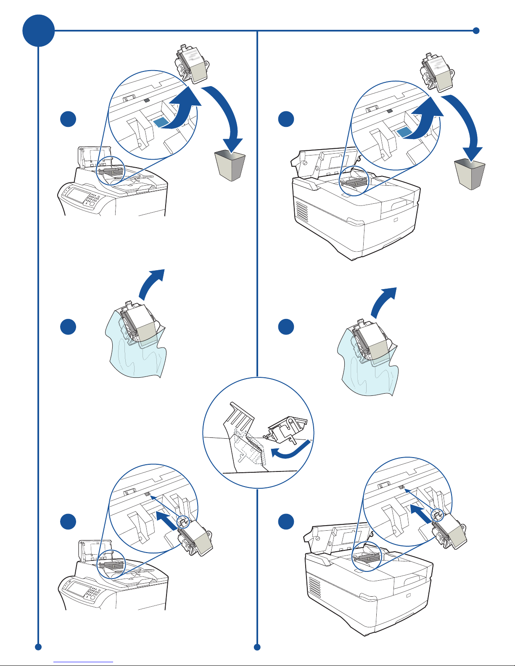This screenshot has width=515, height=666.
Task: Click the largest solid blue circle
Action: click(x=38, y=31)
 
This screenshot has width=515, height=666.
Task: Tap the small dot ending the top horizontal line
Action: click(x=476, y=30)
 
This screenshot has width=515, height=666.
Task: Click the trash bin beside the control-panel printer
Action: click(x=230, y=166)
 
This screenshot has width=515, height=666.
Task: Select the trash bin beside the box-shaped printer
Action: click(x=470, y=174)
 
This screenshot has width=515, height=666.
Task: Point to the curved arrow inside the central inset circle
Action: click(x=290, y=450)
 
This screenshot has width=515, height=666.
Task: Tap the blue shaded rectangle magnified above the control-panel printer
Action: click(x=161, y=122)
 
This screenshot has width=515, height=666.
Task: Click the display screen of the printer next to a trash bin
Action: click(x=77, y=195)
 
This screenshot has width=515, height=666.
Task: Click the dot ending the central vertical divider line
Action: click(x=257, y=647)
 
